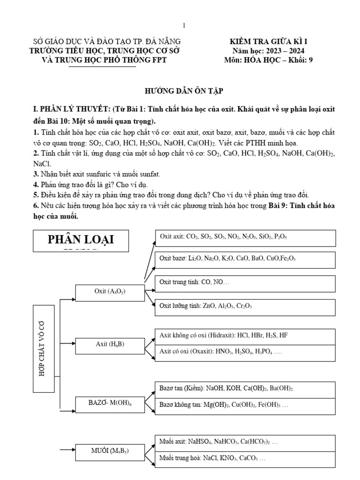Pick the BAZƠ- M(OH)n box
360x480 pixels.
click(110, 404)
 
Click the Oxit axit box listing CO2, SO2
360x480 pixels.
click(245, 238)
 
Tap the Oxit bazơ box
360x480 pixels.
click(245, 259)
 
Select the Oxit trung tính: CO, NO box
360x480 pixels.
click(245, 283)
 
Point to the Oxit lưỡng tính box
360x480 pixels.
click(245, 307)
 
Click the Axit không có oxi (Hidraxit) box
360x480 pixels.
click(245, 337)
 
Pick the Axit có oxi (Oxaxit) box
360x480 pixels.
click(245, 352)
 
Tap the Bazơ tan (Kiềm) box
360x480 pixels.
click(245, 390)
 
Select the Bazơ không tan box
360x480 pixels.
click(245, 406)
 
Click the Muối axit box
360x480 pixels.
click(245, 442)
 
